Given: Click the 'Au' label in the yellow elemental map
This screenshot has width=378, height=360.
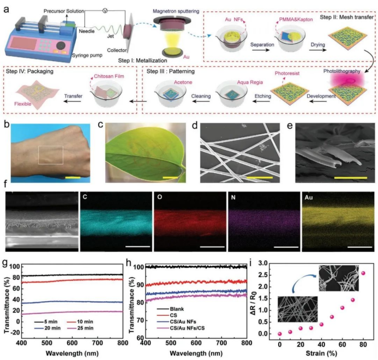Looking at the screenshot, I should point(307,195).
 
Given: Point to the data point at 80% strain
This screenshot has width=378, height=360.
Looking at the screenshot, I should point(363,273).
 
